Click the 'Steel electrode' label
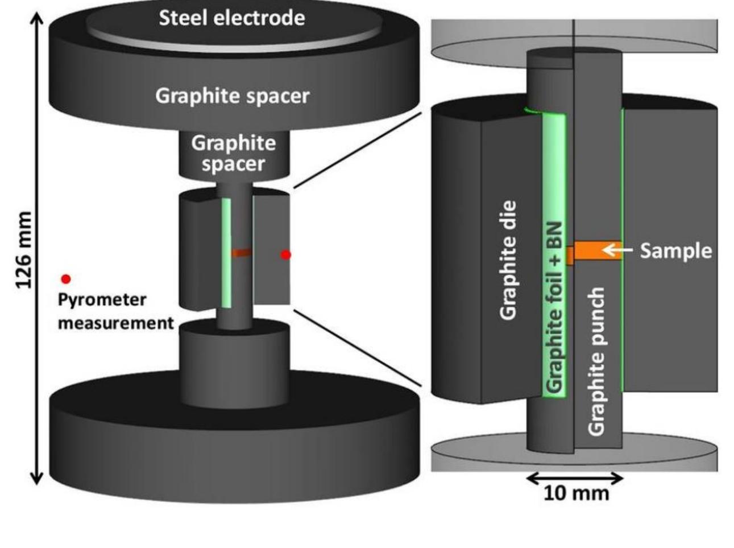(231, 18)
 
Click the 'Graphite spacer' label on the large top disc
(233, 96)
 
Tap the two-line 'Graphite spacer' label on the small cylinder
(233, 153)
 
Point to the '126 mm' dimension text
(24, 250)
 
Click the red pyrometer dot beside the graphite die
(286, 255)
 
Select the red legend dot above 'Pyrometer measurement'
(66, 279)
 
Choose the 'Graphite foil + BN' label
(554, 307)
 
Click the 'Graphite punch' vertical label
(596, 361)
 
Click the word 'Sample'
(675, 250)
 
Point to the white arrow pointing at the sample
(617, 250)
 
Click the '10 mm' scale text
(575, 493)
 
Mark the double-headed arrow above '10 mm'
(575, 478)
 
